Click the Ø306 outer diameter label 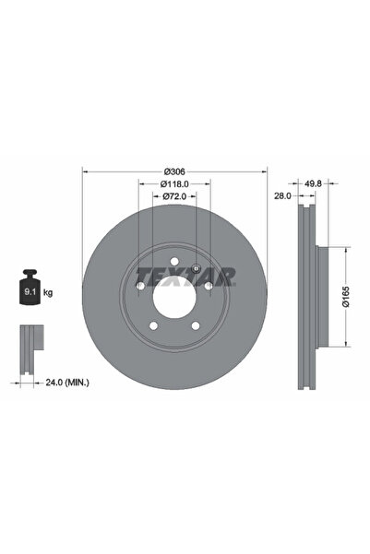(x=174, y=171)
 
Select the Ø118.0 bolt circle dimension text (x=174, y=183)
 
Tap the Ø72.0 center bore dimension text (x=174, y=196)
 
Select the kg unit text (x=48, y=292)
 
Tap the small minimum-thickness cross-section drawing (x=30, y=340)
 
